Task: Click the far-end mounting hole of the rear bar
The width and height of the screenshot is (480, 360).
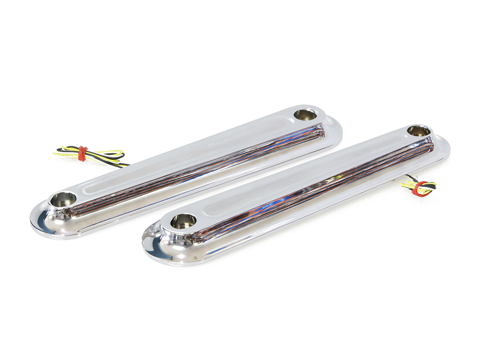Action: point(305,115)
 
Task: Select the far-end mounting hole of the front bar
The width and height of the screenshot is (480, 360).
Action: point(419,131)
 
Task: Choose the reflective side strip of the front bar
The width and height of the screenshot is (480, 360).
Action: point(312,192)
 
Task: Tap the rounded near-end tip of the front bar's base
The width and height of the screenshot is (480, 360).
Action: point(151,245)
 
